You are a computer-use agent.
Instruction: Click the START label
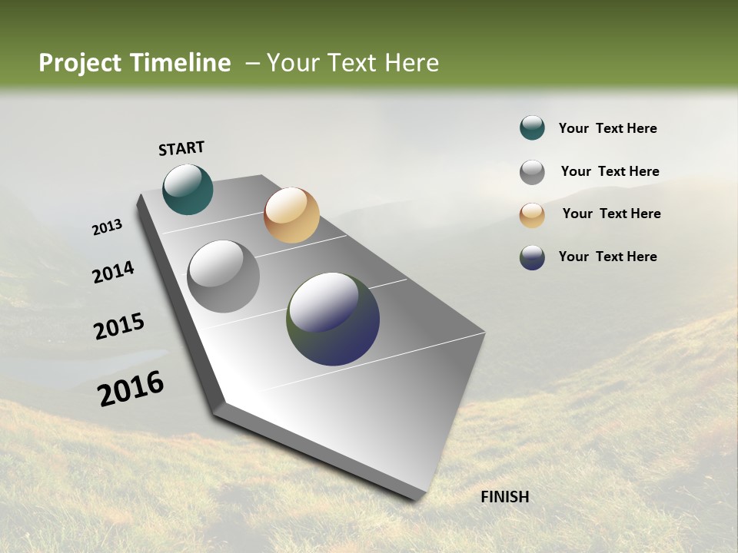(181, 148)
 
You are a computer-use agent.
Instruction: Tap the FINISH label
(504, 497)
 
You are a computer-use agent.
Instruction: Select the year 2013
(107, 227)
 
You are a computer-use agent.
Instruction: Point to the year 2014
(113, 273)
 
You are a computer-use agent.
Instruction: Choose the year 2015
(119, 326)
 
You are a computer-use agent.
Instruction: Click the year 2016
(131, 389)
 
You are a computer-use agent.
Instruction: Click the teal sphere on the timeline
(188, 190)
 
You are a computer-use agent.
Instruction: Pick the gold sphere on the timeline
(291, 215)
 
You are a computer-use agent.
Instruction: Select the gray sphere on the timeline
(223, 276)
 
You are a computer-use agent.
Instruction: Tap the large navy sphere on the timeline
(333, 319)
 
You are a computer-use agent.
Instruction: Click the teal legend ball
(532, 128)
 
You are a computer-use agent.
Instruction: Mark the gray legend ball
(532, 172)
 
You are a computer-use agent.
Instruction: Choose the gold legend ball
(532, 215)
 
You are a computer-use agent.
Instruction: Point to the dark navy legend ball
(532, 257)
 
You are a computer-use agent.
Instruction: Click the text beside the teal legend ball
(607, 128)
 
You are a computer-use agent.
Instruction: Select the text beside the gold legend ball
(611, 214)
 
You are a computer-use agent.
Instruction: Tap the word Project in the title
(79, 63)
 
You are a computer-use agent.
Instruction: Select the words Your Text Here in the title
(353, 63)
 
